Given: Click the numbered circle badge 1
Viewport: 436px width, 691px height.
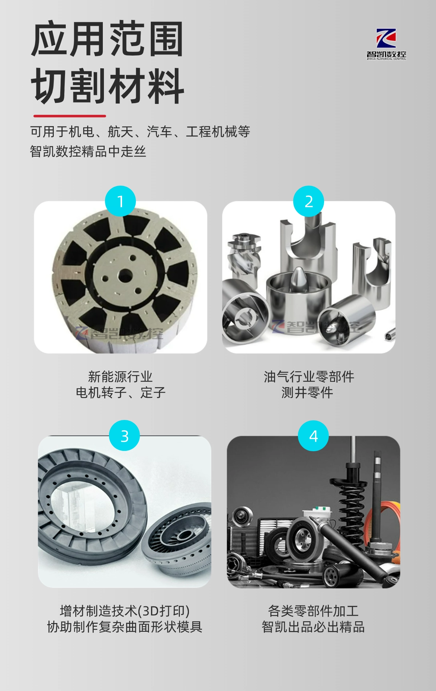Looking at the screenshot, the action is pos(120,201).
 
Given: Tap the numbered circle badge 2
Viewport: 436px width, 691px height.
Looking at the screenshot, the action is pos(308,201).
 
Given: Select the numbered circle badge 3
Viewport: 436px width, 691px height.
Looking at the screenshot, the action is pos(124,436).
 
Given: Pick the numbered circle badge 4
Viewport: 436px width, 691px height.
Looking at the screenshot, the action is pos(313,436).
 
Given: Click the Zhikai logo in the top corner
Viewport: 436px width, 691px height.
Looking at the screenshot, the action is pos(386,44).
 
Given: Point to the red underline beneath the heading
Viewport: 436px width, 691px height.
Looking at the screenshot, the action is pos(70,116).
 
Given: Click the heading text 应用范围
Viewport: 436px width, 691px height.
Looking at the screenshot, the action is pos(107,39).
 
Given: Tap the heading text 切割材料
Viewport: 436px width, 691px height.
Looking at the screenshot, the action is pos(108,86).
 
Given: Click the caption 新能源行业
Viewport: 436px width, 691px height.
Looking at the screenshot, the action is pos(120,376).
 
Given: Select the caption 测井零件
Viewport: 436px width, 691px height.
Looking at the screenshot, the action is pos(307,392).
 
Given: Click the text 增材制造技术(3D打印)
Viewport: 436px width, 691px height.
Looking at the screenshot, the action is pos(125,611).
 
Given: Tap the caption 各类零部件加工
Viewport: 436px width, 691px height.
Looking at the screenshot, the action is pos(313,611).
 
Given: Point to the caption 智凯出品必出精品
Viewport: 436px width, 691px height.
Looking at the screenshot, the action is pos(313,627).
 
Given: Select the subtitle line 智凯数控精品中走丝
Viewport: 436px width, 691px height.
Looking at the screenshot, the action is pos(88,151).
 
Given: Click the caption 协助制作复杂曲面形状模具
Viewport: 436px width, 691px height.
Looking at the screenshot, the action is pos(125,627).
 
